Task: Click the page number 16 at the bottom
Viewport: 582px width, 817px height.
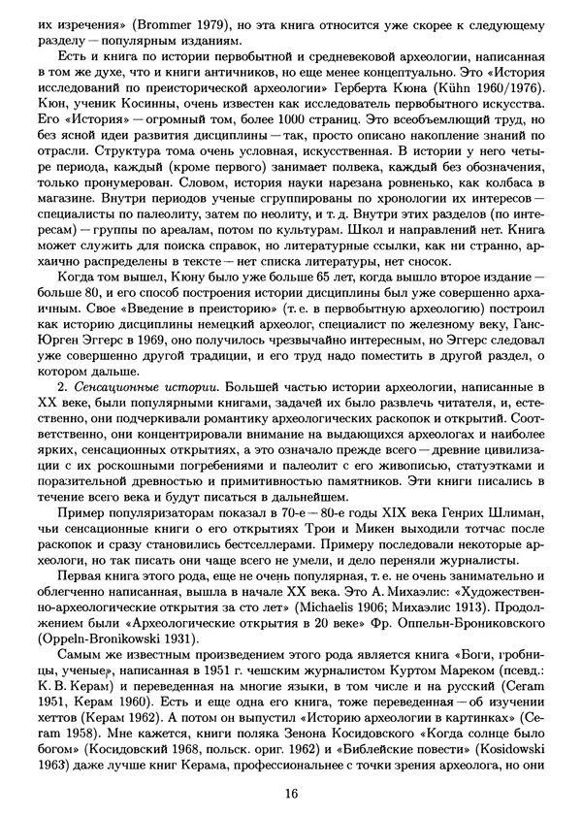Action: tap(291, 794)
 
